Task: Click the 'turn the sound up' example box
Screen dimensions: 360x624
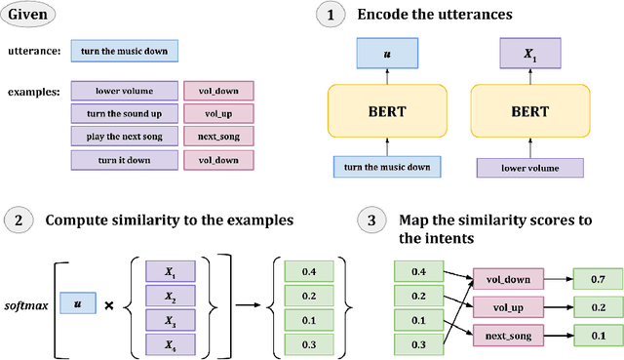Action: point(124,113)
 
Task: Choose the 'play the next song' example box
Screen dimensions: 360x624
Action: point(124,136)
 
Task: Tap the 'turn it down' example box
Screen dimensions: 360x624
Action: point(124,159)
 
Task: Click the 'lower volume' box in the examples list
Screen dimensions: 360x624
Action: point(124,91)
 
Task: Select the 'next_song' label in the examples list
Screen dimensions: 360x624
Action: point(219,136)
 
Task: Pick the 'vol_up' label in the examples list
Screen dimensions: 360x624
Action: point(219,113)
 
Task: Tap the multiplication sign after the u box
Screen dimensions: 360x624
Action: point(109,306)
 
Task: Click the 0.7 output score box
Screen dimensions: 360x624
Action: point(597,280)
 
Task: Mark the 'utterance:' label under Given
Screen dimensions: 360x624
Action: point(33,50)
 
